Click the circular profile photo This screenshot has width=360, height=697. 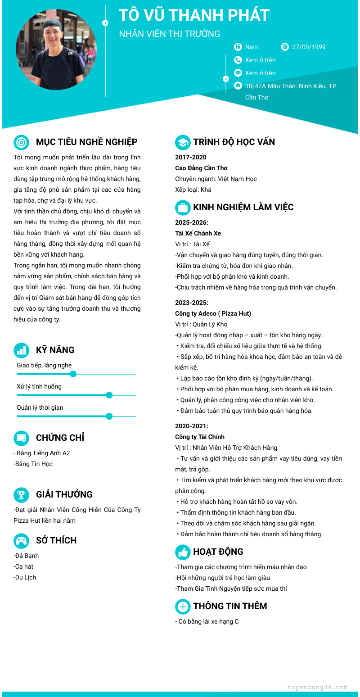point(56,49)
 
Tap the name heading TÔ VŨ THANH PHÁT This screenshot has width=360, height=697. point(194,15)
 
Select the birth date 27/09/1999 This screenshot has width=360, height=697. point(309,47)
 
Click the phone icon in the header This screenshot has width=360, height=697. point(238,60)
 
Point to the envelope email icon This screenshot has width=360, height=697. point(238,73)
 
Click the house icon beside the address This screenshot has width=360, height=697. point(238,86)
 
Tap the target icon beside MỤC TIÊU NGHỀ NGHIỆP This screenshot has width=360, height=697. point(21,142)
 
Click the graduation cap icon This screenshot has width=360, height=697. point(183,142)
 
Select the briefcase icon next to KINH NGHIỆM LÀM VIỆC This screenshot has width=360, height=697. point(183,208)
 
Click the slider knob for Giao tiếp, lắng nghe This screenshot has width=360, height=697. point(73,374)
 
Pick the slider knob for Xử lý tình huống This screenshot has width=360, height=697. point(109,395)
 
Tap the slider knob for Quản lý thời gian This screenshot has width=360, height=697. point(109,416)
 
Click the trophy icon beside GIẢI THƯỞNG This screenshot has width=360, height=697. point(21,495)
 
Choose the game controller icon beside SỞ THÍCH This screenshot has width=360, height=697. point(21,540)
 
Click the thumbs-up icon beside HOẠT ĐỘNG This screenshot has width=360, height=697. point(183,552)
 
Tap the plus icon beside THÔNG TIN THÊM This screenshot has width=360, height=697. point(183,606)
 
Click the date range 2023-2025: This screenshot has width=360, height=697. point(192,303)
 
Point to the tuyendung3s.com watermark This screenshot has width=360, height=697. point(317,688)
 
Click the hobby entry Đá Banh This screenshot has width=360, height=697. point(27,556)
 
